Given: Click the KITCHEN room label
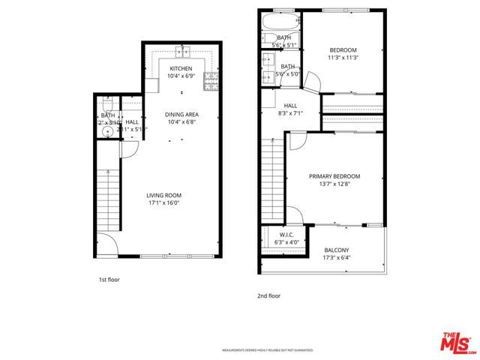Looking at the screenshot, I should tap(181, 69).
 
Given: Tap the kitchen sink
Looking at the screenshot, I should tap(182, 52).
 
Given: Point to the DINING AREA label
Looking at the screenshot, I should tap(181, 114).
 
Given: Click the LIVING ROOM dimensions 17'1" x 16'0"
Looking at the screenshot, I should tap(163, 202).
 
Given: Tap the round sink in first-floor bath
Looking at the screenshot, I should tap(107, 131).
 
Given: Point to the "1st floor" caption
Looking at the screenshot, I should tap(109, 280).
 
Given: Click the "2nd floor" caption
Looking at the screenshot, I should tap(268, 295).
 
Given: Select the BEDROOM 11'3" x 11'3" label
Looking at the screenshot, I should tap(343, 54).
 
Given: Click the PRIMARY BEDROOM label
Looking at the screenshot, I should tap(334, 181).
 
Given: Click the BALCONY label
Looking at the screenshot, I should tap(337, 254).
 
